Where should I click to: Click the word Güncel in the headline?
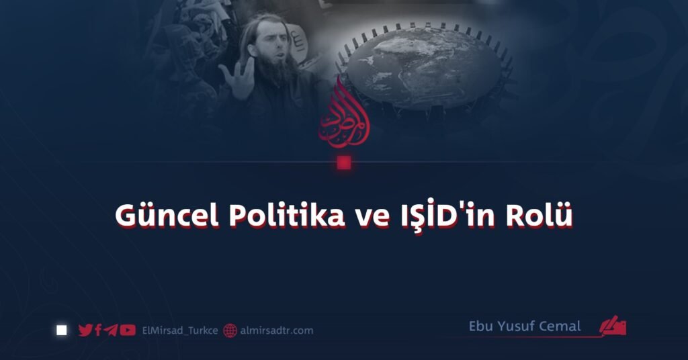pos(167,216)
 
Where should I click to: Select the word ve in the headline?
pos(372,218)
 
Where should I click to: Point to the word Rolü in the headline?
pos(540,215)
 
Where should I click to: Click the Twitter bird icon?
pos(85,330)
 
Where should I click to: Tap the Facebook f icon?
pos(98,330)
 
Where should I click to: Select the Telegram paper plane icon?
pos(111,330)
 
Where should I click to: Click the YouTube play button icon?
pos(128,330)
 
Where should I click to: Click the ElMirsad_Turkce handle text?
pos(180,330)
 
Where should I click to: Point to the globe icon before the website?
pos(230,330)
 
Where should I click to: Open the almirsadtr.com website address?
pos(277,330)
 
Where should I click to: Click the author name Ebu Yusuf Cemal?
pos(525,326)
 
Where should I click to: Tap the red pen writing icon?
pos(613,326)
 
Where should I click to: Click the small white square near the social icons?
pos(62,330)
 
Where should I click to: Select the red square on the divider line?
pos(344,163)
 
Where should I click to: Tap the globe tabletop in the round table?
pos(424,66)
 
